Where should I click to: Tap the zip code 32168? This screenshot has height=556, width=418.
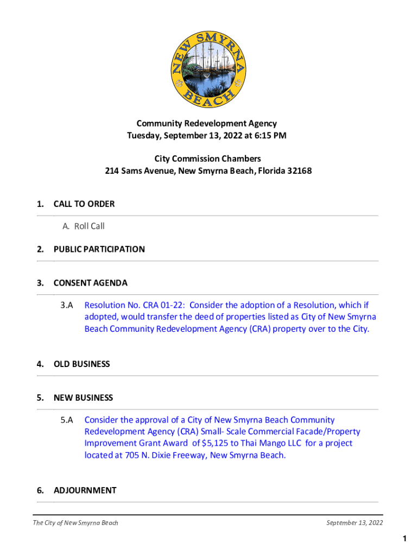(298, 171)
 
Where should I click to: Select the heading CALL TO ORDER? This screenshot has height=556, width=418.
(84, 204)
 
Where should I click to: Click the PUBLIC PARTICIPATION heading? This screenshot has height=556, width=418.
(99, 249)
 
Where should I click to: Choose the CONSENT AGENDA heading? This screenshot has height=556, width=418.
(90, 283)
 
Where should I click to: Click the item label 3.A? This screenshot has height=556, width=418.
(67, 305)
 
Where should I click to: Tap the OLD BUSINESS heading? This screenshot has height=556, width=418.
(81, 364)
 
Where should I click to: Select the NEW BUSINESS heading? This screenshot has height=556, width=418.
(83, 397)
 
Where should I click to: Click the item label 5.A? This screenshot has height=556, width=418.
(67, 420)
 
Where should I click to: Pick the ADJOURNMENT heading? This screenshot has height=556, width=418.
(85, 490)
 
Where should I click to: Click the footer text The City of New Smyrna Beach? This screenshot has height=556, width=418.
(75, 523)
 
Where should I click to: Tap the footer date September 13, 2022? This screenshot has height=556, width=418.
(354, 523)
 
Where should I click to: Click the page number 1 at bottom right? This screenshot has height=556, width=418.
(404, 539)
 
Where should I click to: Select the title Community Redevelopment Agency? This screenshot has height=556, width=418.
(206, 124)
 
